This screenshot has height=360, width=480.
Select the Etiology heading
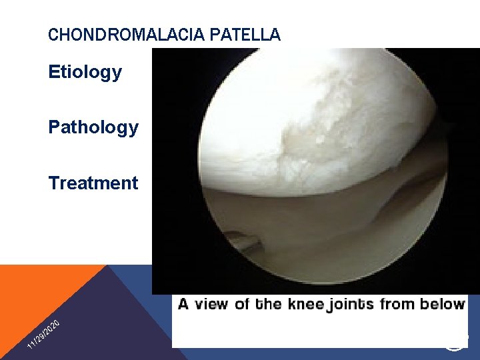click(x=85, y=72)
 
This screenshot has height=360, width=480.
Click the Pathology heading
click(x=93, y=127)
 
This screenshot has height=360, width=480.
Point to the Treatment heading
click(x=93, y=183)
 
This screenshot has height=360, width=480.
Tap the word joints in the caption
click(x=351, y=305)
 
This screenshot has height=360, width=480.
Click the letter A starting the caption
click(x=184, y=305)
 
